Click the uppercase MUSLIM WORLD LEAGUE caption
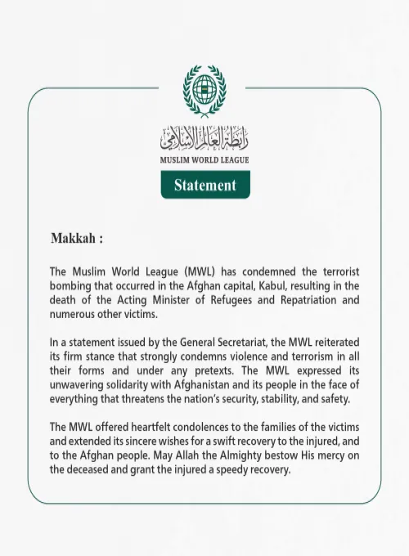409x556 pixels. (x=204, y=159)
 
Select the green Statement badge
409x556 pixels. (x=204, y=185)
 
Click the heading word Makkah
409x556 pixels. (x=74, y=239)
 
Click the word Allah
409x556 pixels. (x=210, y=455)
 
